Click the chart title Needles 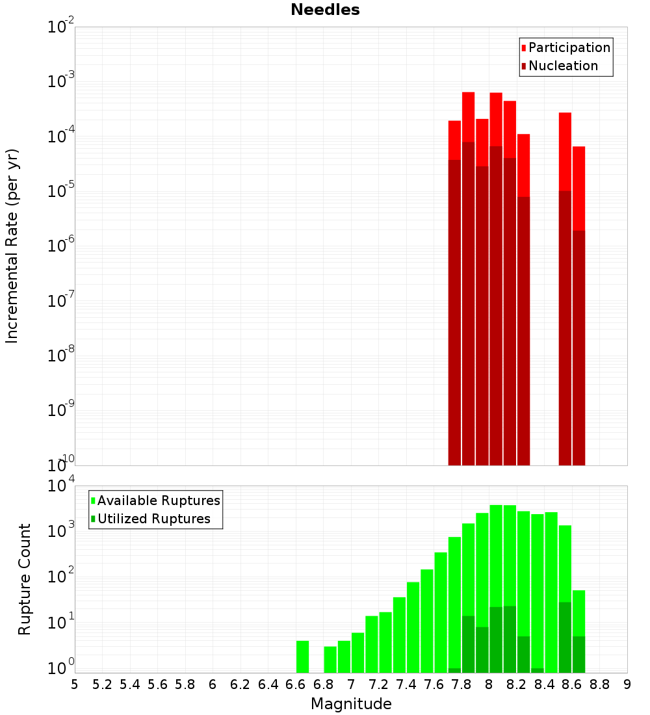point(325,10)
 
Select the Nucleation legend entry point(563,66)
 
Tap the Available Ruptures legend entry point(159,500)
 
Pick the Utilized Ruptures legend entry point(153,519)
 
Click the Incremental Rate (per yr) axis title point(12,246)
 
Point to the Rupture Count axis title point(25,579)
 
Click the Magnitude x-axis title point(351,704)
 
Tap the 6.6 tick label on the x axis point(296,684)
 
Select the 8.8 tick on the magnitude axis point(599,684)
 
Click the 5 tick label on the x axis point(75,684)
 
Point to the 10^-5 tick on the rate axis point(60,192)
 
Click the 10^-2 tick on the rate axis point(60,27)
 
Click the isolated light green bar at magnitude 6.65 point(302,656)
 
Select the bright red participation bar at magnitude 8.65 point(578,188)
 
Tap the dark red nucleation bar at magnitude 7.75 point(454,312)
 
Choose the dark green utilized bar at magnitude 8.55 point(565,637)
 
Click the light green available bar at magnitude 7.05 point(357,653)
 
